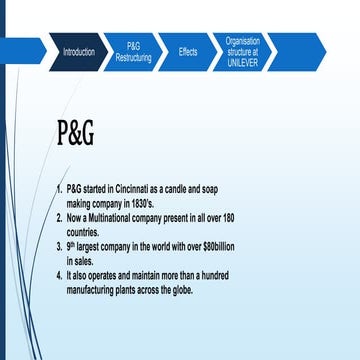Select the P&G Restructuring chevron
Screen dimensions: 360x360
pos(134,51)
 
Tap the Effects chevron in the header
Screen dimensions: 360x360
pos(188,51)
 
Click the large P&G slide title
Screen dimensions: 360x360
pos(75,133)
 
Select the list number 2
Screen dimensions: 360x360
pos(59,216)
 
